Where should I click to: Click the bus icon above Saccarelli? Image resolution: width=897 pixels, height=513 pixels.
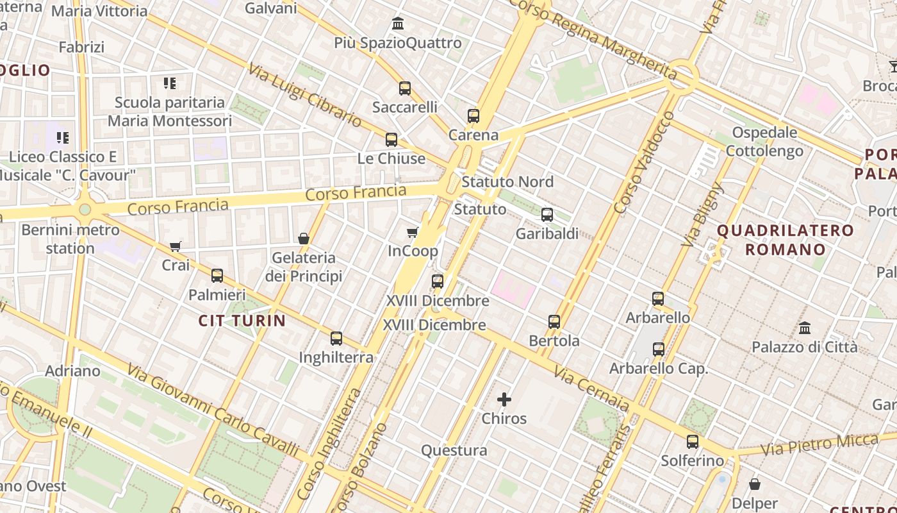(404, 88)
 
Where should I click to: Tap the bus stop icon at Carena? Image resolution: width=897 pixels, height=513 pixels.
(473, 116)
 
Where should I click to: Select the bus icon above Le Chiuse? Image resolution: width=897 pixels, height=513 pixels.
(391, 140)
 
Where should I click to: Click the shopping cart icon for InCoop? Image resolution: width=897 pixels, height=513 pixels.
(413, 232)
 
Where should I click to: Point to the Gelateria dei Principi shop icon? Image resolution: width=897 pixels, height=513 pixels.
(304, 239)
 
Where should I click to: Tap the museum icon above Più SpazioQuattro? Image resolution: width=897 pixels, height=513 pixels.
(398, 24)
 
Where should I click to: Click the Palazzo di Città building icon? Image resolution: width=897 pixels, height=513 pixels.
(805, 328)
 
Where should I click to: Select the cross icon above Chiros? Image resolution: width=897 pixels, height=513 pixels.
(504, 400)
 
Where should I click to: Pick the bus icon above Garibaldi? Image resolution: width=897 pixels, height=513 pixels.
(547, 215)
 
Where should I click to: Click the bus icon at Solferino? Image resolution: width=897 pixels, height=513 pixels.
(693, 442)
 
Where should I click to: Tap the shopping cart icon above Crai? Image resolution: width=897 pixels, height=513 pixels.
(176, 246)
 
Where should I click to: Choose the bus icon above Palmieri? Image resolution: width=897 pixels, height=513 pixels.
(217, 276)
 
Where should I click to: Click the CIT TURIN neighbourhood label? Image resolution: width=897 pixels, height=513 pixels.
(242, 321)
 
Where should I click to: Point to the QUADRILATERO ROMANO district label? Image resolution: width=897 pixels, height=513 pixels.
(785, 240)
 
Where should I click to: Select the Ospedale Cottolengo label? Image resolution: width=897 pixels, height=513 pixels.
(764, 142)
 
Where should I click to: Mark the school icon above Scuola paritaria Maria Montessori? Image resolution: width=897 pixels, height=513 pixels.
(170, 83)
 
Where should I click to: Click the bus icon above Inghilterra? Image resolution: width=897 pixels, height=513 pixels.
(336, 339)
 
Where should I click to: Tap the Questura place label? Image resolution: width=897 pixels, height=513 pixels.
(454, 451)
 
